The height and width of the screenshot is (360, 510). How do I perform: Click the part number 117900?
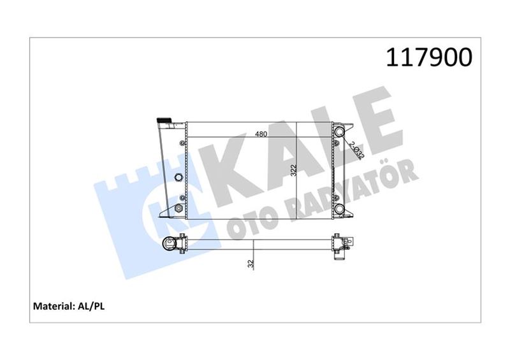point(429,57)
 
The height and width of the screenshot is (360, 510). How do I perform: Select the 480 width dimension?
point(261,134)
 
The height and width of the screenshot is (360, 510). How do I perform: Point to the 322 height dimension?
point(294,170)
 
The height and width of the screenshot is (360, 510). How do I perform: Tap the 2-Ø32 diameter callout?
point(357,150)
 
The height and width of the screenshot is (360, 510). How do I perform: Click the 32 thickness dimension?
point(251,263)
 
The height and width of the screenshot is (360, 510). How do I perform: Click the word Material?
point(54,306)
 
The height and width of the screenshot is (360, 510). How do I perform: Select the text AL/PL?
point(91,306)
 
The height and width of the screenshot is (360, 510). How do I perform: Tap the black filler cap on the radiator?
point(164,120)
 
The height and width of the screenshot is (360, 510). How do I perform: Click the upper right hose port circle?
point(340,131)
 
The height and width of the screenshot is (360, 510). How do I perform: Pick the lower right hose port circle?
point(340,208)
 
